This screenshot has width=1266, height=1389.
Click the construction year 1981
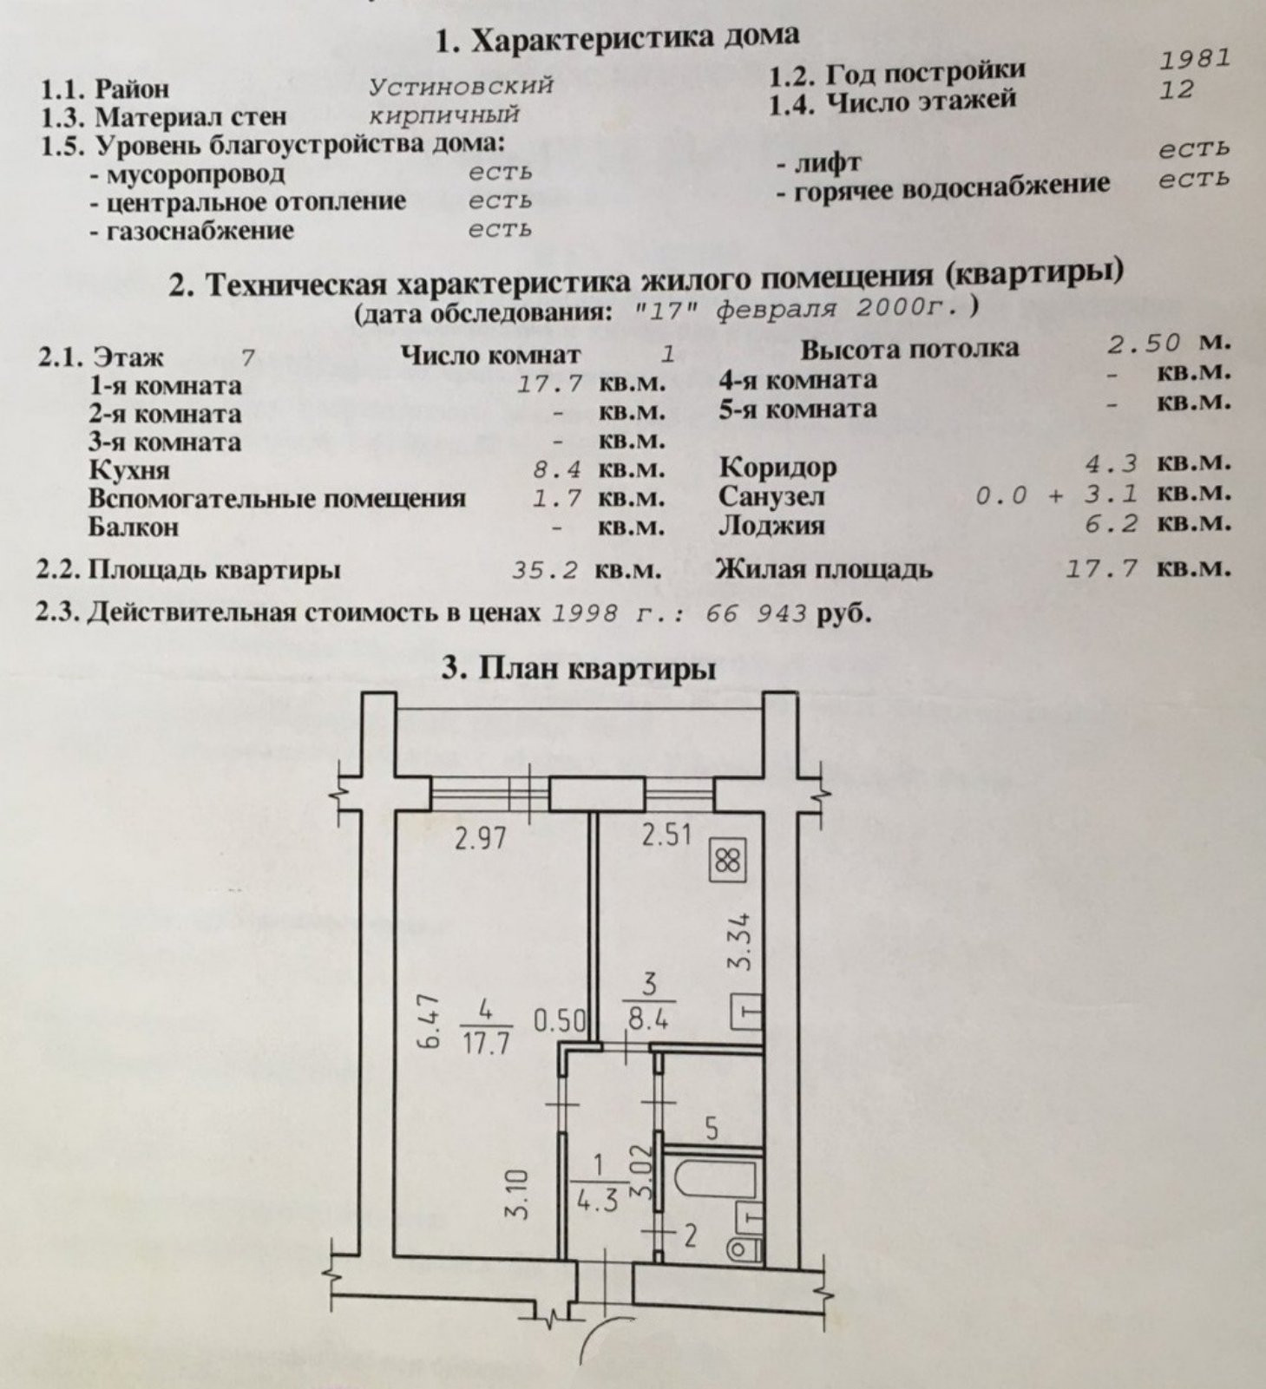tap(1195, 58)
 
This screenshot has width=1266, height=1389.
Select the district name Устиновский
tap(461, 86)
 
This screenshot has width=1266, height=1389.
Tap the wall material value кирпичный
tap(444, 115)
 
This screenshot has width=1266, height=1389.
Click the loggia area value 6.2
tap(1119, 523)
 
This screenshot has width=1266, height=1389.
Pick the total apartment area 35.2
tap(545, 570)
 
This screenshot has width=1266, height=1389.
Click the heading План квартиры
tap(580, 669)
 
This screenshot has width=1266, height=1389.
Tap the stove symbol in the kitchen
tap(727, 861)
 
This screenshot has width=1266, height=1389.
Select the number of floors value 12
tap(1176, 89)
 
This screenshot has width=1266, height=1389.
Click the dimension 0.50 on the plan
tap(561, 1020)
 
